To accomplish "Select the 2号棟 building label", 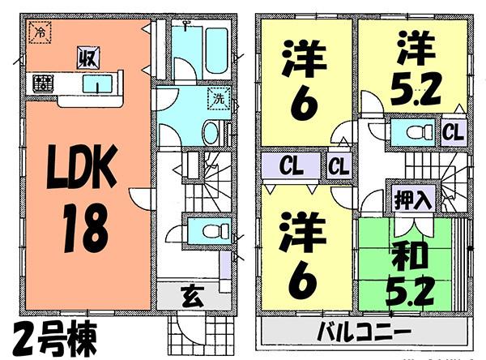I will pyautogui.click(x=54, y=335).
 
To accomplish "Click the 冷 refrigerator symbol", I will pyautogui.click(x=38, y=34).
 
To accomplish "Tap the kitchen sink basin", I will pyautogui.click(x=103, y=84).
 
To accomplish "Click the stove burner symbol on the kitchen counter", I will pyautogui.click(x=41, y=83).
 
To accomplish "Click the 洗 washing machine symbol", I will pyautogui.click(x=220, y=100).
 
